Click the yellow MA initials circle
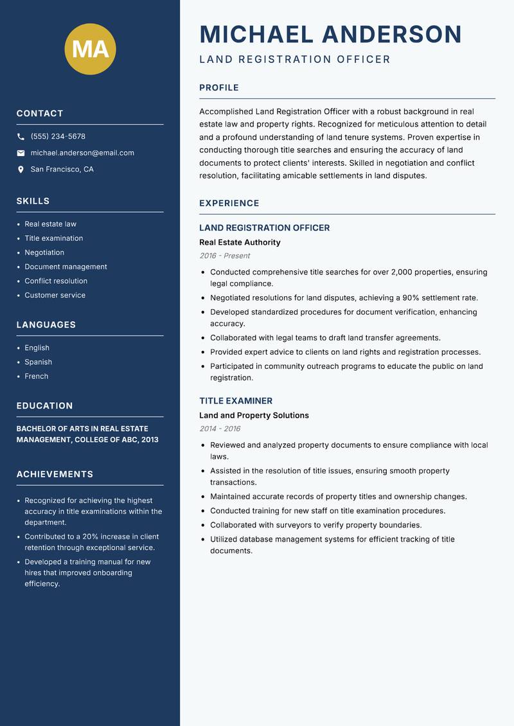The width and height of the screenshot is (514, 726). [x=90, y=49]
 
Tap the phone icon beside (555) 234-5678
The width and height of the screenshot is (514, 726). [x=21, y=137]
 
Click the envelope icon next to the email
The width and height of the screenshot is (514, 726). [x=21, y=153]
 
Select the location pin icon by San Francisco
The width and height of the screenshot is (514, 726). [x=21, y=170]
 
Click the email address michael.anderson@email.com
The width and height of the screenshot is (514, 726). [x=82, y=153]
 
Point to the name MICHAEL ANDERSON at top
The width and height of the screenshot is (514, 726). [x=331, y=34]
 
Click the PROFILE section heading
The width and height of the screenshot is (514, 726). [x=219, y=88]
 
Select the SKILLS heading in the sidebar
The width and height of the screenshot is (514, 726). [x=33, y=201]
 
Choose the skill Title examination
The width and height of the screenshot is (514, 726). [x=54, y=238]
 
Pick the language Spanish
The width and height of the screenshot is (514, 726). [x=39, y=362]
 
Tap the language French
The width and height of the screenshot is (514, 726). [x=37, y=376]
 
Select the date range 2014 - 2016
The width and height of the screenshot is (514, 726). [x=220, y=429]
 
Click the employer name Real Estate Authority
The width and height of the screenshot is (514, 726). [x=240, y=242]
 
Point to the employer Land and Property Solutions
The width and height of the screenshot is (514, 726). [x=254, y=416]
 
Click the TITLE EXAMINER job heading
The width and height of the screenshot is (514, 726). [x=236, y=401]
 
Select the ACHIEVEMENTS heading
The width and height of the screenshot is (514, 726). [x=55, y=474]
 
